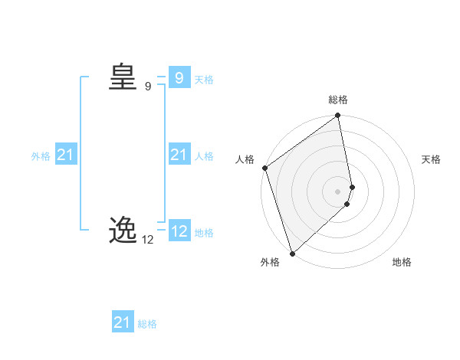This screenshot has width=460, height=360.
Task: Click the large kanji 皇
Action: (123, 77)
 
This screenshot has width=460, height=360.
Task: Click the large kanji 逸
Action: (123, 230)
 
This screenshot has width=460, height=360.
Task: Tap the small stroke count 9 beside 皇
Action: (148, 87)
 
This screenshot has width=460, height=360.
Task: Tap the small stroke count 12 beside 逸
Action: (147, 240)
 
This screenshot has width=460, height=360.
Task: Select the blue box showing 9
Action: (179, 77)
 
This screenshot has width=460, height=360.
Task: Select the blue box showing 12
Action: (179, 231)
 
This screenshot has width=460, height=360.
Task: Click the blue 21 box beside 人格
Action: (179, 155)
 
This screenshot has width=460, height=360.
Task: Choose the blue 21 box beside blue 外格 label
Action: (65, 155)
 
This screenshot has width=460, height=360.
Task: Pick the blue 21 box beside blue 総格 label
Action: (122, 322)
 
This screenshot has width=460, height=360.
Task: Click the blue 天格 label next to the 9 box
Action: (204, 79)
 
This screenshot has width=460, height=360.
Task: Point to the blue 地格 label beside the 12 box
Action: (204, 233)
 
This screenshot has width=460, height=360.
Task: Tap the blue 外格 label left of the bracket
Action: (41, 156)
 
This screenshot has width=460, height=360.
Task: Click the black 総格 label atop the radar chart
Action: (338, 100)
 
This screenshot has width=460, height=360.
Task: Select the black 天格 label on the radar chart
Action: (431, 159)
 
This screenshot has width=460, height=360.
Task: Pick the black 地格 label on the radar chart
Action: (402, 262)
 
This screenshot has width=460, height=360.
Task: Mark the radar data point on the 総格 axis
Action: (338, 116)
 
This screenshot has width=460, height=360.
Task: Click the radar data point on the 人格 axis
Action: (264, 168)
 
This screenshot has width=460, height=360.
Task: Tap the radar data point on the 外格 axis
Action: (292, 253)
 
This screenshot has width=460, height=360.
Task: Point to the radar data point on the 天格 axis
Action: (353, 187)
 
